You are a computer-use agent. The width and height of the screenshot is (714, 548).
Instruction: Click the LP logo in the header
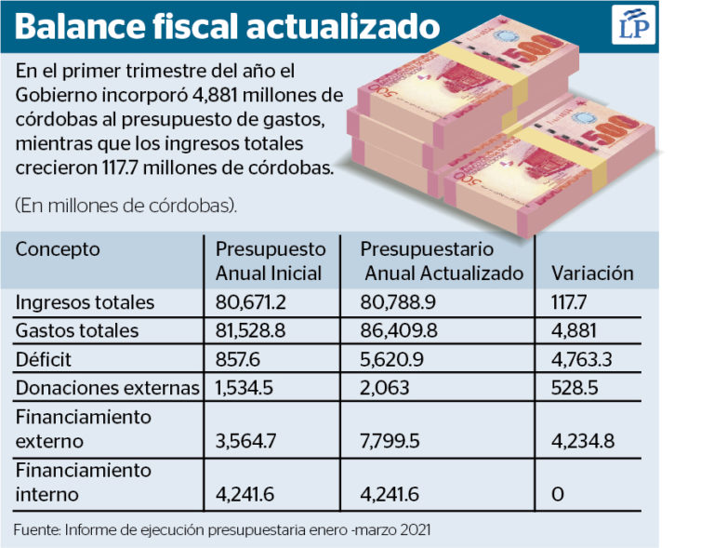click(x=633, y=25)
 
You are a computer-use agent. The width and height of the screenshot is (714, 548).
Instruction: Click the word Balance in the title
click(x=80, y=26)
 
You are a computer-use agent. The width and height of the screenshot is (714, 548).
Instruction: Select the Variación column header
click(x=592, y=274)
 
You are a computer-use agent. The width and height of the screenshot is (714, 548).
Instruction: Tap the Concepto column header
click(x=58, y=249)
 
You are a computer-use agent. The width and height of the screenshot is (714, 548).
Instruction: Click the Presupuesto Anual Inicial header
click(x=271, y=261)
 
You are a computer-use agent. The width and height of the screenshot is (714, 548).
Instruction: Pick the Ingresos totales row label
click(x=85, y=302)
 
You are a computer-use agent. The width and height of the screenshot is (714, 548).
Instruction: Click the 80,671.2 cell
click(x=250, y=302)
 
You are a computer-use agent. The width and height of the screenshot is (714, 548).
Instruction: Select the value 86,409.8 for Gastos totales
click(x=399, y=330)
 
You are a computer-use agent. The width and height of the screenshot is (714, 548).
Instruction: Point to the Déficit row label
click(x=44, y=359)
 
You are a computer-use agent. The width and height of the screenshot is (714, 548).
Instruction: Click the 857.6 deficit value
click(x=237, y=360)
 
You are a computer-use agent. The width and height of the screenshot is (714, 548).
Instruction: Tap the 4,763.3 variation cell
click(x=581, y=360)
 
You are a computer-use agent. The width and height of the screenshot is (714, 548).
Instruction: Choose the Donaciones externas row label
click(x=108, y=388)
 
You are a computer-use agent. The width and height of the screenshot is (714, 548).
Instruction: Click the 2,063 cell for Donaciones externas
click(x=384, y=388)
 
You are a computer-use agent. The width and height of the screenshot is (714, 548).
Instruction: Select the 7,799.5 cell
click(x=390, y=441)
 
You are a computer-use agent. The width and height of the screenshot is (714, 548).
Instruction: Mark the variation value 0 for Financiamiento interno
click(x=558, y=494)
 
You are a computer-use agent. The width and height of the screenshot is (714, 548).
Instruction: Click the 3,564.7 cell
click(x=245, y=441)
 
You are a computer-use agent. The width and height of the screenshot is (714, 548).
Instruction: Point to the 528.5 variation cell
click(x=575, y=388)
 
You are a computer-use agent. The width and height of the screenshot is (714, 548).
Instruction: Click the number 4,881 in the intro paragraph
click(x=215, y=95)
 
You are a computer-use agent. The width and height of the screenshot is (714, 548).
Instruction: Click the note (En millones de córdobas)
click(x=126, y=206)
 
